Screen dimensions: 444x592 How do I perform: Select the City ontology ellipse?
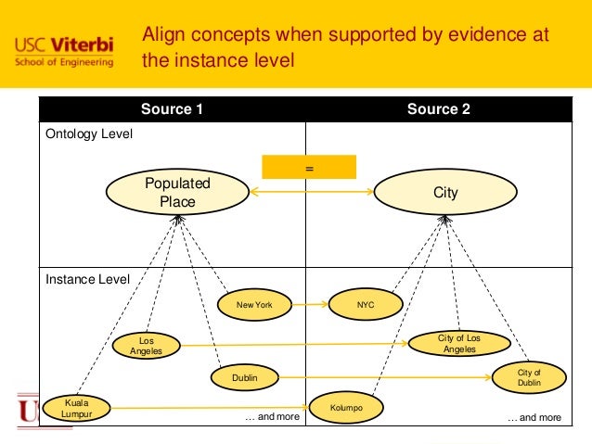coord(445,192)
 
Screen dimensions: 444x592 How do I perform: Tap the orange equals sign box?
coord(310,168)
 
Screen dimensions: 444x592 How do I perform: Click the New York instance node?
coord(254,304)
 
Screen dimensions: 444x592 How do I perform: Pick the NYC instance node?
coord(366,304)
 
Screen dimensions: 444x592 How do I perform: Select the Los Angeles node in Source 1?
coord(146,346)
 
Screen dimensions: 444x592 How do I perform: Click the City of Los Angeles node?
coord(459,344)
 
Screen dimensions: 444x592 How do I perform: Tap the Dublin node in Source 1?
coord(245,377)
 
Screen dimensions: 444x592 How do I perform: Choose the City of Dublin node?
coord(529,377)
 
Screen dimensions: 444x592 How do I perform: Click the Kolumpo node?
coord(345,408)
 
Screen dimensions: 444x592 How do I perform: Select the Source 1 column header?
coord(172,109)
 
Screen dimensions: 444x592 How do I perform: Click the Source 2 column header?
coord(439,109)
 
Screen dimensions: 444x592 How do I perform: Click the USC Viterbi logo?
coord(65,51)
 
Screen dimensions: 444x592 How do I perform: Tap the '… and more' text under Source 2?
coord(534,418)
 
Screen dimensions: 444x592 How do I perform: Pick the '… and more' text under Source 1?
coord(272,418)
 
